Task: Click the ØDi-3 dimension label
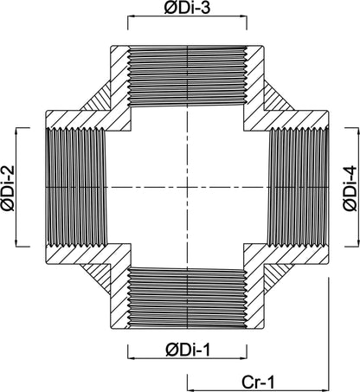pos(187,9)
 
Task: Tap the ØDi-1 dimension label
pos(188,350)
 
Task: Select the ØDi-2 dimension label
pos(9,188)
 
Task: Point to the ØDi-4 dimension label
pos(350,189)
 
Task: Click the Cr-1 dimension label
pos(258,382)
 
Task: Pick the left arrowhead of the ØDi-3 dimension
pos(131,17)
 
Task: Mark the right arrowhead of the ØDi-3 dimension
pos(243,17)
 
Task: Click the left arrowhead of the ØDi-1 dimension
pos(131,358)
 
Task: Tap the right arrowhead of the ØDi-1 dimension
pos(243,358)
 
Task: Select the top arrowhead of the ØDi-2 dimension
pos(16,131)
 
